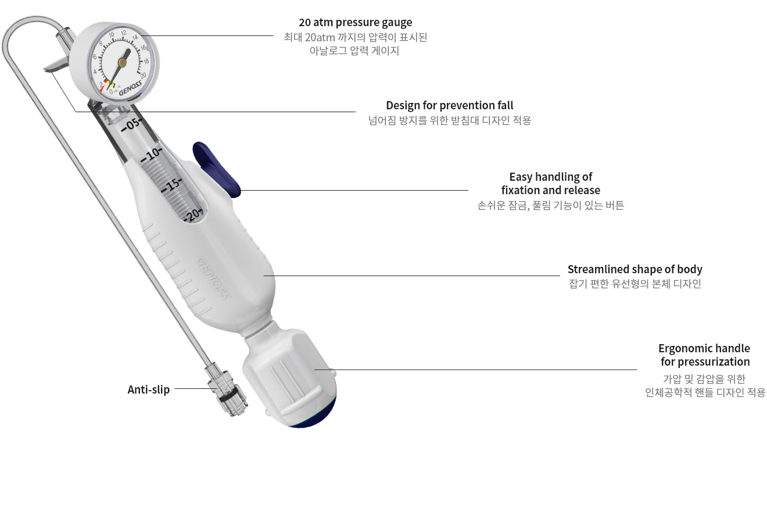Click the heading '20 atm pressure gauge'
coord(356,23)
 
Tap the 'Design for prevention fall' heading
coord(450,105)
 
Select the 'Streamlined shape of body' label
coord(635,269)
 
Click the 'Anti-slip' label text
coord(149,389)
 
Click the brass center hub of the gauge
coord(123,62)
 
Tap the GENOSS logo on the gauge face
coord(130,88)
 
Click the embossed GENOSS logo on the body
coord(213,278)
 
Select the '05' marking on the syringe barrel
coord(132,124)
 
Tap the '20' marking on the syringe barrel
coord(193,215)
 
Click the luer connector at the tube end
coord(227,390)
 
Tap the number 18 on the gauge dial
coord(146,62)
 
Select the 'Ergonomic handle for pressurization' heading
coord(704,355)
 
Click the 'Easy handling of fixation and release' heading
coord(551,184)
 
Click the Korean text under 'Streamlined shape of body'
coord(635,284)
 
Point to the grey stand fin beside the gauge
coord(58,65)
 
